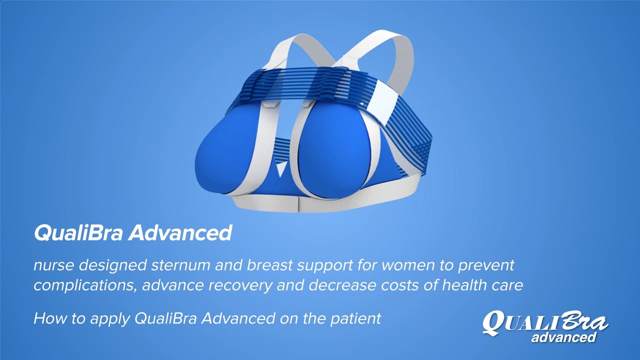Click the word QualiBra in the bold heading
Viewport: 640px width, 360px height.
77,233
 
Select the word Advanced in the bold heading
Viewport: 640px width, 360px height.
180,233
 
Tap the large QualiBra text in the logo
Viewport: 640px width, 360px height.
545,322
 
